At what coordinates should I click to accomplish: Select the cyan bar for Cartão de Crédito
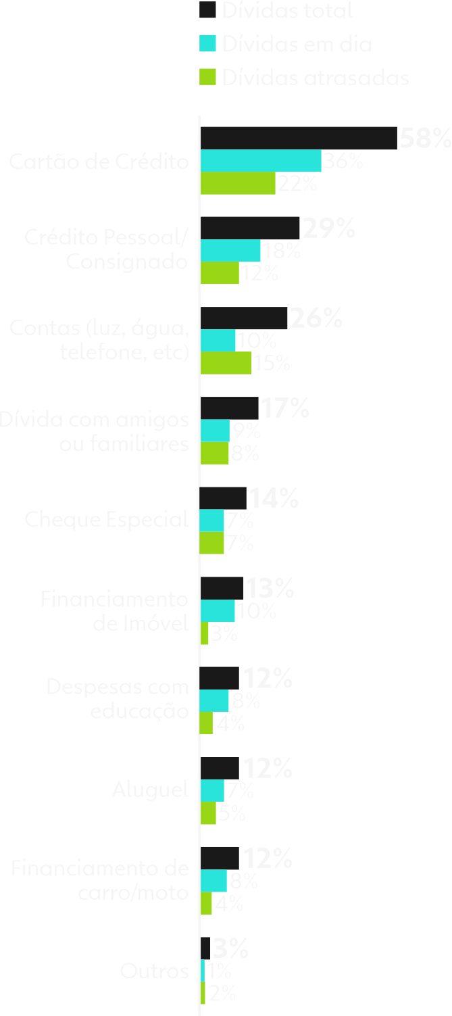pyautogui.click(x=261, y=162)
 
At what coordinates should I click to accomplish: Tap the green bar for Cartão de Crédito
pyautogui.click(x=238, y=184)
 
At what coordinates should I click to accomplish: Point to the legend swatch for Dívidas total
pyautogui.click(x=208, y=10)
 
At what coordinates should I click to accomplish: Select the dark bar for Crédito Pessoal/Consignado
pyautogui.click(x=250, y=228)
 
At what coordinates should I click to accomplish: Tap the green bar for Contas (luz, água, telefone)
pyautogui.click(x=226, y=364)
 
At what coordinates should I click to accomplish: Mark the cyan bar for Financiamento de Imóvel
pyautogui.click(x=218, y=611)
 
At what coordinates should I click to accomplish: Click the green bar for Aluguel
pyautogui.click(x=208, y=813)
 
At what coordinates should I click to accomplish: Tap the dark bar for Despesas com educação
pyautogui.click(x=220, y=678)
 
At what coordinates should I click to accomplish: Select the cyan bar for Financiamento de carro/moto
pyautogui.click(x=214, y=881)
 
